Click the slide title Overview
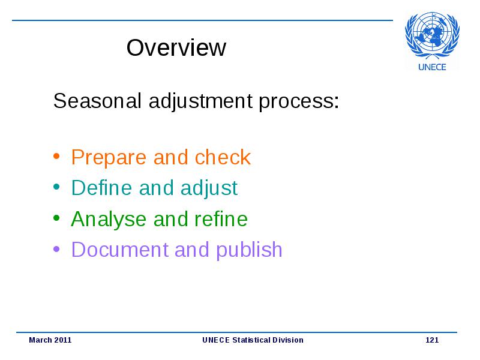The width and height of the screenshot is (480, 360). [x=176, y=48]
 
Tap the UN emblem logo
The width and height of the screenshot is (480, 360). [x=432, y=35]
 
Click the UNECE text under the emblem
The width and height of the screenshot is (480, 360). [x=432, y=67]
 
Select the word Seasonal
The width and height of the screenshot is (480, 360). [x=97, y=101]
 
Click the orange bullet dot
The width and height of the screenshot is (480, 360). [x=56, y=156]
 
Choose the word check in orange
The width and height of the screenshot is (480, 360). [x=223, y=157]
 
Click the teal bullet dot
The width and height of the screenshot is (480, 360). [x=56, y=187]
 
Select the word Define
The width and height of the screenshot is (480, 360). [x=101, y=187]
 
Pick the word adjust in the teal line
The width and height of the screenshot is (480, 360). [x=209, y=188]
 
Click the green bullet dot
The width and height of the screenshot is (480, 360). [x=56, y=218]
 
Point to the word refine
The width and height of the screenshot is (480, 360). [x=221, y=218]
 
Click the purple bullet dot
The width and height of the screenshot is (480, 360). [x=56, y=249]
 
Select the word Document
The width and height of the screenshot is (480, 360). [x=119, y=249]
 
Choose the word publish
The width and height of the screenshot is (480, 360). [x=249, y=250]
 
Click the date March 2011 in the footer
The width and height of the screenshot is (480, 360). [x=50, y=340]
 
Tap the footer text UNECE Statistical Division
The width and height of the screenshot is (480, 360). [x=253, y=340]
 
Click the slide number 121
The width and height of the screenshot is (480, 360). [x=432, y=340]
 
